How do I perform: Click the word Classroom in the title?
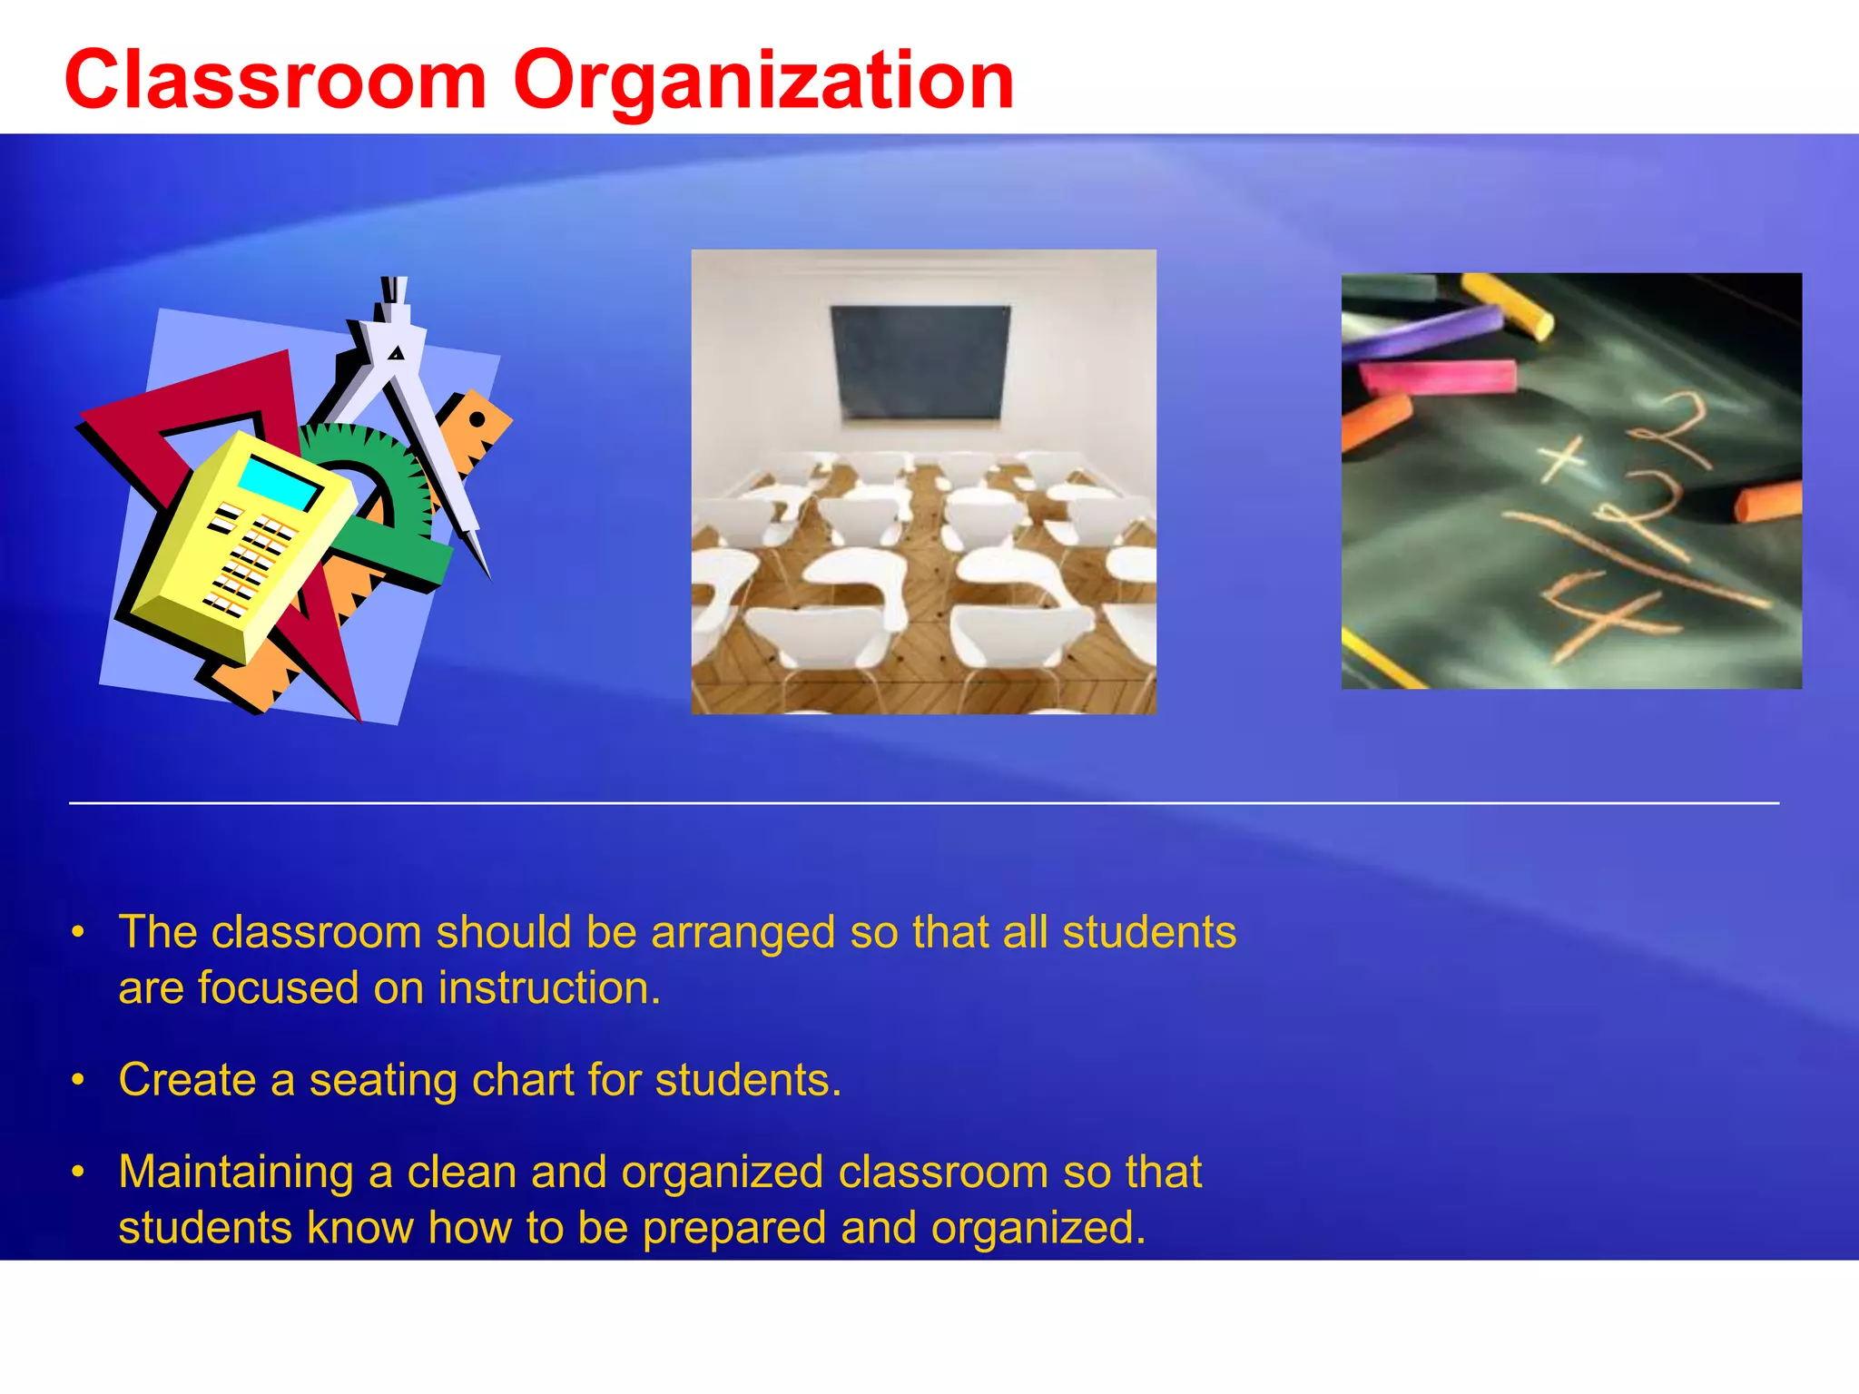click(x=276, y=82)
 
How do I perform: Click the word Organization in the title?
click(x=763, y=82)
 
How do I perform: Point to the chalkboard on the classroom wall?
click(x=920, y=361)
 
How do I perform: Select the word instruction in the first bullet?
click(x=549, y=988)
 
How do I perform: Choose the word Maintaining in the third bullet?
click(x=236, y=1173)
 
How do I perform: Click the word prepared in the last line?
click(x=734, y=1228)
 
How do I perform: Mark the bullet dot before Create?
click(x=79, y=1080)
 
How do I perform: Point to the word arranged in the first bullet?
click(x=743, y=932)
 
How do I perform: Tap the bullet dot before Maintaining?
click(x=79, y=1172)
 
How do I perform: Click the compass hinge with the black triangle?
click(x=396, y=352)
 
